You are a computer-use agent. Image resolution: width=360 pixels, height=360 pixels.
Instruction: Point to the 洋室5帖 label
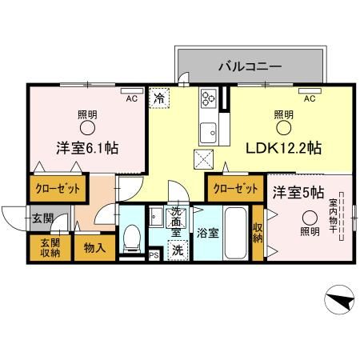(298, 192)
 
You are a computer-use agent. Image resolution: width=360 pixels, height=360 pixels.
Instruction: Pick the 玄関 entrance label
(42, 218)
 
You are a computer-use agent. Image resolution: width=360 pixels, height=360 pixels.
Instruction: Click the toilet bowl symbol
(133, 237)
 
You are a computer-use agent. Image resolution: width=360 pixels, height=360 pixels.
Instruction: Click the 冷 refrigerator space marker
(159, 98)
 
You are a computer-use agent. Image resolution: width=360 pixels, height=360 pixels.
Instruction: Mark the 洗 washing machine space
(178, 250)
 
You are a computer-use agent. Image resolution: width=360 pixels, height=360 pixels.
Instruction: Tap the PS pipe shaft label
(154, 257)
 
